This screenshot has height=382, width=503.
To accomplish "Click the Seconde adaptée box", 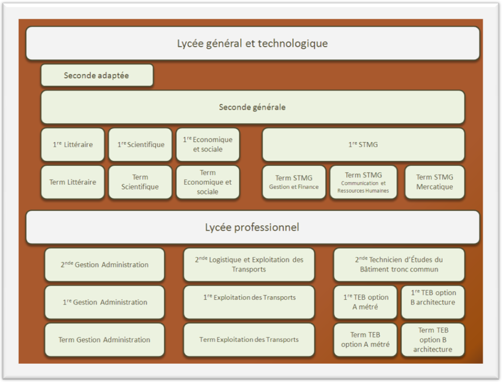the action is tap(97, 76).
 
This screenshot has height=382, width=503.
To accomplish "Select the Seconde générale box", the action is tap(253, 107).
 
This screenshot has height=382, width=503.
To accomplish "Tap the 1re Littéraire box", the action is tap(73, 145).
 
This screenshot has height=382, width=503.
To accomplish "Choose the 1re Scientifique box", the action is tap(141, 145).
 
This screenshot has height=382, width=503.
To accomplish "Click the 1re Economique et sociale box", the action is tap(208, 145).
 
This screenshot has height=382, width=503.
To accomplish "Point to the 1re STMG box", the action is tap(363, 145).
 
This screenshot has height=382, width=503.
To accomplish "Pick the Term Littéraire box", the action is tap(73, 182).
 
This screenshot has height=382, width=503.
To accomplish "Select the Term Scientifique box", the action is tap(141, 182).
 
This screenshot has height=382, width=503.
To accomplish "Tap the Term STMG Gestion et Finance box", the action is tap(294, 182).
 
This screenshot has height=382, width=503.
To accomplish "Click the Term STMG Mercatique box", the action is tap(434, 182).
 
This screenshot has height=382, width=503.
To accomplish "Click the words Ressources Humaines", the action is tap(363, 191).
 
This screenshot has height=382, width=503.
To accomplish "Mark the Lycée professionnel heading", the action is tap(253, 227).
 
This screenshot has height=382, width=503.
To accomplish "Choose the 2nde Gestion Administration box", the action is tap(105, 265).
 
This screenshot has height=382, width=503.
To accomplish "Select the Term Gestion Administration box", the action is tap(105, 340).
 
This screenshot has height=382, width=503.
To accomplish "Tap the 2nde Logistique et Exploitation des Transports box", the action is tap(249, 265).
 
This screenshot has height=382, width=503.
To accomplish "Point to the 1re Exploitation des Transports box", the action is tap(249, 302).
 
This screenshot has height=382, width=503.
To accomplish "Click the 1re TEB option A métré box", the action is tap(365, 302).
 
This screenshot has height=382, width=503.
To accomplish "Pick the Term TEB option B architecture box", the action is tap(433, 340).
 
